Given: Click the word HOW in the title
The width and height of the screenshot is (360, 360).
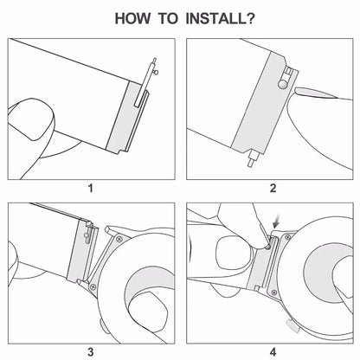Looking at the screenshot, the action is point(132,18).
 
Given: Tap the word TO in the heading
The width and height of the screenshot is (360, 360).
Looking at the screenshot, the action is point(169,18).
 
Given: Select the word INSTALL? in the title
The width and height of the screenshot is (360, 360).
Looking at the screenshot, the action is point(221,18).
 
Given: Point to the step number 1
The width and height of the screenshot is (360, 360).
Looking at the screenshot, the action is point(91,189).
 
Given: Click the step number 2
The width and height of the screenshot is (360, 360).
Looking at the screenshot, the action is point(273,189).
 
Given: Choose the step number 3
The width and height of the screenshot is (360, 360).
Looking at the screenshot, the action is point(91,352).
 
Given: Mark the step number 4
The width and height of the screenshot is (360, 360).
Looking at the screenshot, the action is point(273,352).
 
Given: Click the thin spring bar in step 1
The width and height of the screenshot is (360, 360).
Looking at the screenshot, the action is point(145,82).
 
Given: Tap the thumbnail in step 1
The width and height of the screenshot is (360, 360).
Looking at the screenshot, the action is point(31,119).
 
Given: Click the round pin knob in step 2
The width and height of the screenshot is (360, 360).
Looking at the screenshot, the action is point(282,84).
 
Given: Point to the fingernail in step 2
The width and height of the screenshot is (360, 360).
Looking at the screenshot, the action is point(316,93).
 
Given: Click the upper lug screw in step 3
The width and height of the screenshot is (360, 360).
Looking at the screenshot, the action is point(119,239).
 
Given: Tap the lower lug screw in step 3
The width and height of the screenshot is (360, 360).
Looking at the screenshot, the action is point(93,286).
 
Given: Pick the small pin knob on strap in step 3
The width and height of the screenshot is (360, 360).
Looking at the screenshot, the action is point(87,235).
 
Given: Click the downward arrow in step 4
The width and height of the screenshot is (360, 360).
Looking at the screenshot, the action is point(278,222).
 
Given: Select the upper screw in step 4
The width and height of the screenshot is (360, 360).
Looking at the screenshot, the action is point(287,237).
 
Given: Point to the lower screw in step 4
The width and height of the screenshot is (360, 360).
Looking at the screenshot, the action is point(274,292).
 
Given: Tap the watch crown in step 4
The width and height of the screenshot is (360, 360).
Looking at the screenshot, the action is point(292,325).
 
